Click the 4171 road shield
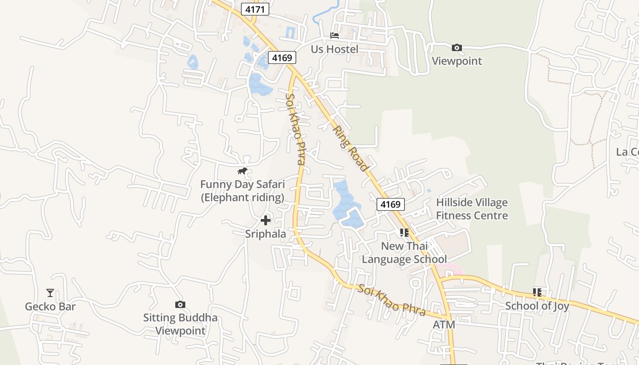255,9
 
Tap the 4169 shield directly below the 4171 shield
282,57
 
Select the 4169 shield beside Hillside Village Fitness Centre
391,204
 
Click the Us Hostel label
335,49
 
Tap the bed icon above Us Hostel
335,36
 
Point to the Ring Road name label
350,148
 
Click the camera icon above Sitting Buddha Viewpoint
180,304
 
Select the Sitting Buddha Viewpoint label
180,324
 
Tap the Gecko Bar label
50,306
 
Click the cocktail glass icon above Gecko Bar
50,293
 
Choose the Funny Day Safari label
242,191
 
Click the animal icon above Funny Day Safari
242,171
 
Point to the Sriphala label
266,234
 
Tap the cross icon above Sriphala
266,221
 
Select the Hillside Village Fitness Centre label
472,209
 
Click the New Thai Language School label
404,252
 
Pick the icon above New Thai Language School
404,233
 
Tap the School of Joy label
537,306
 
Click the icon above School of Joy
537,292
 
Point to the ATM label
444,324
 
